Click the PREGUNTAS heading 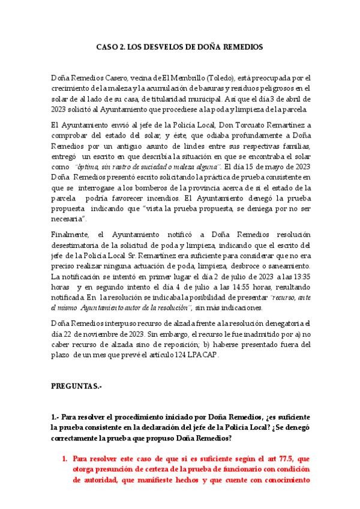coord(76,388)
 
